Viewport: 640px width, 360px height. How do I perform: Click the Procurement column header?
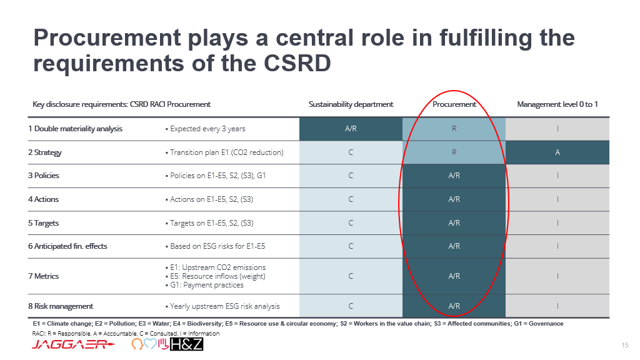click(x=454, y=104)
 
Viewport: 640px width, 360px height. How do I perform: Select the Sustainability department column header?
click(x=351, y=104)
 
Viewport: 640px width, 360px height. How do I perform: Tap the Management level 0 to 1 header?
click(x=557, y=104)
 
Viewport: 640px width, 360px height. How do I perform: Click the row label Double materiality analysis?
click(x=75, y=129)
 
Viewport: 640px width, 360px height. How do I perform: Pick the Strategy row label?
click(x=45, y=152)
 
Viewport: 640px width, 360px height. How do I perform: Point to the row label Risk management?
click(x=61, y=306)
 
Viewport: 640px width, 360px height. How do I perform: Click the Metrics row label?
click(x=43, y=276)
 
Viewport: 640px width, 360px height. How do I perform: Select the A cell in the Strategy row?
click(x=557, y=152)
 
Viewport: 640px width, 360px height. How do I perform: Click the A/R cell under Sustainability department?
click(x=351, y=129)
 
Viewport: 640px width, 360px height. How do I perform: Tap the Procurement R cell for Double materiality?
click(x=454, y=129)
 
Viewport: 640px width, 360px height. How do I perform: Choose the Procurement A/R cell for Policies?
click(x=454, y=176)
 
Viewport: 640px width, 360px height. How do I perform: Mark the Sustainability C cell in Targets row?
click(x=351, y=223)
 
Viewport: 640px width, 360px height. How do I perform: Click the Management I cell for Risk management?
click(x=557, y=306)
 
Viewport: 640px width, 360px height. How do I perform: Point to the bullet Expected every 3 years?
click(x=205, y=129)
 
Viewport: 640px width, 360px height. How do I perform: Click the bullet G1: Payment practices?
click(x=204, y=285)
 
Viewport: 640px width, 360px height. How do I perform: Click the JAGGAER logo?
click(x=73, y=344)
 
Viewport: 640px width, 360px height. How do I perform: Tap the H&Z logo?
click(x=186, y=344)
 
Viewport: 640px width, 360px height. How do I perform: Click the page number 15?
click(x=625, y=345)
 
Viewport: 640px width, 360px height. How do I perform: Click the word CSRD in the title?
click(x=297, y=63)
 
